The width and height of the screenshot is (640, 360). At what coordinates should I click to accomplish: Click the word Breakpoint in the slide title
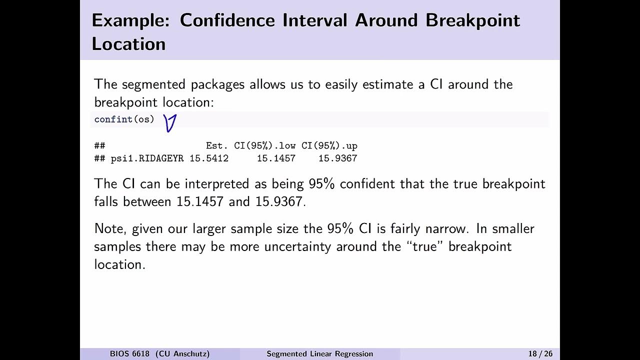(472, 20)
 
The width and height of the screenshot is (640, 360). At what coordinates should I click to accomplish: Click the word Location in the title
(128, 44)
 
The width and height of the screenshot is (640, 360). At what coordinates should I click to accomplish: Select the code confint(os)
(124, 119)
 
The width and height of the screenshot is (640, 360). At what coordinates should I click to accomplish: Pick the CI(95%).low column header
(264, 146)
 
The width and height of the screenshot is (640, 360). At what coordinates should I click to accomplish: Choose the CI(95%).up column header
(329, 146)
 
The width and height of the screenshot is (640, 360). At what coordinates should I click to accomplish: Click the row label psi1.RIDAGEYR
(147, 158)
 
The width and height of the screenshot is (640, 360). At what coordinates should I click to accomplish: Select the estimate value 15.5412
(209, 158)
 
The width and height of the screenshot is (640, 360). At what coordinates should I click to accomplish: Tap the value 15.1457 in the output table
(276, 158)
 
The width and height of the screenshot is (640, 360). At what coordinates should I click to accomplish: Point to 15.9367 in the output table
(337, 158)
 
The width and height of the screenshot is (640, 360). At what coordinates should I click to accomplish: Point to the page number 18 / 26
(540, 354)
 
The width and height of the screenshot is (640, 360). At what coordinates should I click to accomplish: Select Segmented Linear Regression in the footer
(319, 354)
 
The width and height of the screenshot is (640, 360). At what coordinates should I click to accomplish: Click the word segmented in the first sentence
(154, 84)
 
